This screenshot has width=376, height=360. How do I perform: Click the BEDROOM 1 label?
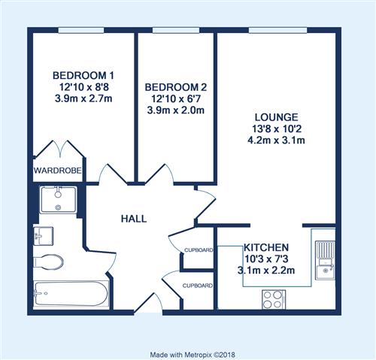tap(83, 75)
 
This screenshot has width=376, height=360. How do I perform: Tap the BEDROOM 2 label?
tap(176, 87)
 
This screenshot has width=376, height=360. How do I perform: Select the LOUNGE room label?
tap(277, 117)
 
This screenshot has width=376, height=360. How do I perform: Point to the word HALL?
tap(134, 219)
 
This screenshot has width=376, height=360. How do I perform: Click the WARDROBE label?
tap(58, 171)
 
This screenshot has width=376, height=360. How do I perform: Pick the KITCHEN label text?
tap(266, 247)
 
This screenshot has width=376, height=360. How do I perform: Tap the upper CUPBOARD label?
tap(199, 250)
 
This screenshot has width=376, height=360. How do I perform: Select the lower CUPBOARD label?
tap(198, 286)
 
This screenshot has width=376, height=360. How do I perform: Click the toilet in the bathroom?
tap(48, 262)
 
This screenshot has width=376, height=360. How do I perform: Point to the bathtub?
tap(71, 294)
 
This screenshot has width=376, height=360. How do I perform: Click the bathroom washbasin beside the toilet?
tap(43, 236)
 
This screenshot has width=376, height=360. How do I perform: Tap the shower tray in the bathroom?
tap(58, 200)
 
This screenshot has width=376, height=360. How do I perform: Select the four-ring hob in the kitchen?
tap(274, 300)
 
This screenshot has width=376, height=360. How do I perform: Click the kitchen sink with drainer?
tap(325, 260)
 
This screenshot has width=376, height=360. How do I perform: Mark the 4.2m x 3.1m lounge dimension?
tap(276, 141)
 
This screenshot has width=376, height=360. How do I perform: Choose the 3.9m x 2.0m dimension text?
tap(176, 110)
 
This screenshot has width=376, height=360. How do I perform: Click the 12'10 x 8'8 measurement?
tap(83, 87)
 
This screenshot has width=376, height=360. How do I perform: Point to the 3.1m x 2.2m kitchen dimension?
tap(266, 271)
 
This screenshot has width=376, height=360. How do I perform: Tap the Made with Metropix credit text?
tap(193, 355)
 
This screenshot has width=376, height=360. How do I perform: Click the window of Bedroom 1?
tap(81, 30)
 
